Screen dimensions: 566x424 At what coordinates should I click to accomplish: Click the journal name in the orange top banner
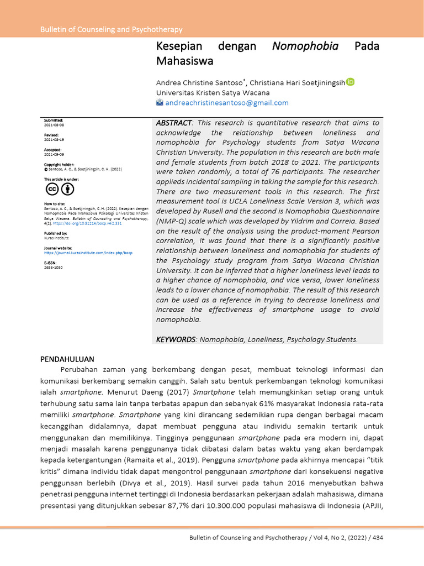(x=112, y=29)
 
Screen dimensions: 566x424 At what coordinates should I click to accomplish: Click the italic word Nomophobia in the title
(x=305, y=46)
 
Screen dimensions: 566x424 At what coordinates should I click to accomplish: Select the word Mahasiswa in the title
(x=184, y=60)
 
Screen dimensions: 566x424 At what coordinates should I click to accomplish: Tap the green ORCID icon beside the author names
(x=350, y=82)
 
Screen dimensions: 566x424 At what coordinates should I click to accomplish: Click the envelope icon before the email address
(x=160, y=103)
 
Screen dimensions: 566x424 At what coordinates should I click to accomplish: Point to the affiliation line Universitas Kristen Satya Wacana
(x=213, y=92)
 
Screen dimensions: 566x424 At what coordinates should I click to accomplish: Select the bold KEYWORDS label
(x=176, y=339)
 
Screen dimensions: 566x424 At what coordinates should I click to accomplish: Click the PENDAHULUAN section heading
(x=67, y=359)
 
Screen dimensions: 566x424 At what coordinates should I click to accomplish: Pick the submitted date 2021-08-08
(x=54, y=125)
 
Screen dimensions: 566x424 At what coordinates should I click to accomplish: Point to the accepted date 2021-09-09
(x=54, y=155)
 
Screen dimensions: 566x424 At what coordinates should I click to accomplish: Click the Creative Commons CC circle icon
(x=52, y=189)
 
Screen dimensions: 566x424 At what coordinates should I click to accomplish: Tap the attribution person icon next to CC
(x=67, y=189)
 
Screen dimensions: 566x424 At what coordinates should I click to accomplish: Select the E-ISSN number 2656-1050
(x=54, y=267)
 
